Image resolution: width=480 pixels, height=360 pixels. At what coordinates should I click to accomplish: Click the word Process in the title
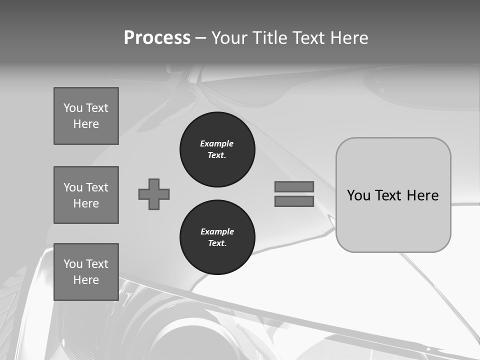point(157,38)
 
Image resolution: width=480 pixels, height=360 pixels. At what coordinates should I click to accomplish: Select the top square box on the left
point(86,116)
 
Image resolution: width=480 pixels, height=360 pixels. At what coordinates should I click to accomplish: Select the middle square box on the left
point(86,195)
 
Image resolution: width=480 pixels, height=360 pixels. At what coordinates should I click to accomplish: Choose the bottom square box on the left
point(86,272)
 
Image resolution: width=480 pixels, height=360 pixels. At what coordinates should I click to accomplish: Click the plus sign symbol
point(154,194)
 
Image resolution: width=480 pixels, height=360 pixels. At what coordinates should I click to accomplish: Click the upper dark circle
point(217,149)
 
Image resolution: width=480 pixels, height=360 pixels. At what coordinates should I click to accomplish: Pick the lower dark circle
point(217,237)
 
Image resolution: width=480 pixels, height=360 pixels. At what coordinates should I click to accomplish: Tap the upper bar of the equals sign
point(294,186)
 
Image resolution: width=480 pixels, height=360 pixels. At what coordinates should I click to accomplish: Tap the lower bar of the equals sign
point(294,201)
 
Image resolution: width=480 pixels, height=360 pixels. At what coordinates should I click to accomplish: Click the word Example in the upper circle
point(216,143)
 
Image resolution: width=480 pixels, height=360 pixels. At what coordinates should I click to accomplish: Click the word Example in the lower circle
point(217,231)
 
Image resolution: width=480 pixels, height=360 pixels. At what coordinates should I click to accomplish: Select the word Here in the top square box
point(86,124)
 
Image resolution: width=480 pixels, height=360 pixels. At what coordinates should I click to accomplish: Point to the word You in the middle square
point(73,187)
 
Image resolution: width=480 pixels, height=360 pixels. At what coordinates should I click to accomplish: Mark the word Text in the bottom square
point(97,264)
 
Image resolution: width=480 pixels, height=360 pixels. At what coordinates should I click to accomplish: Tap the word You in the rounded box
point(358,195)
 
